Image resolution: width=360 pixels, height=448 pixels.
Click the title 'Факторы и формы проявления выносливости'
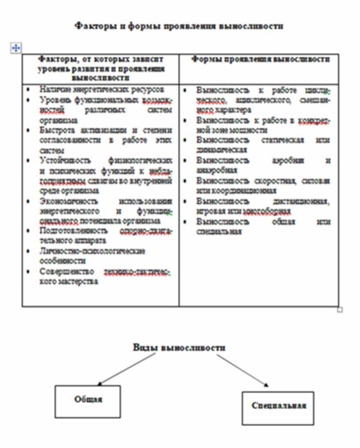(x=179, y=26)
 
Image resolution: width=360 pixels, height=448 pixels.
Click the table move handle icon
(x=15, y=48)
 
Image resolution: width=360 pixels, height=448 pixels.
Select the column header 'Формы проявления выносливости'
(x=260, y=60)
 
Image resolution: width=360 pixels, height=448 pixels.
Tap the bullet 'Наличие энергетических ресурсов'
(x=101, y=89)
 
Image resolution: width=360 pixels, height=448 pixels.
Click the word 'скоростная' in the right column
(x=273, y=181)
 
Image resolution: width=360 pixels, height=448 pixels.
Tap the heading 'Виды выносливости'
(x=180, y=347)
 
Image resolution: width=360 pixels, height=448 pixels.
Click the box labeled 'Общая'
(x=87, y=401)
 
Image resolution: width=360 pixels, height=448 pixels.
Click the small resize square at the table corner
(x=340, y=310)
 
